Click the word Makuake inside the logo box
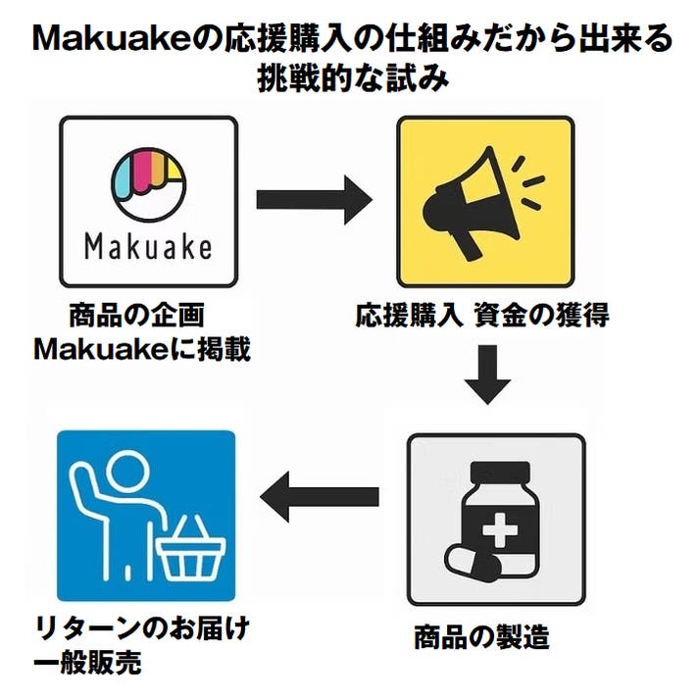149,245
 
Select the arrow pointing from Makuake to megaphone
313,200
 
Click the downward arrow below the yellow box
487,374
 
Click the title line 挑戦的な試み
349,78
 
